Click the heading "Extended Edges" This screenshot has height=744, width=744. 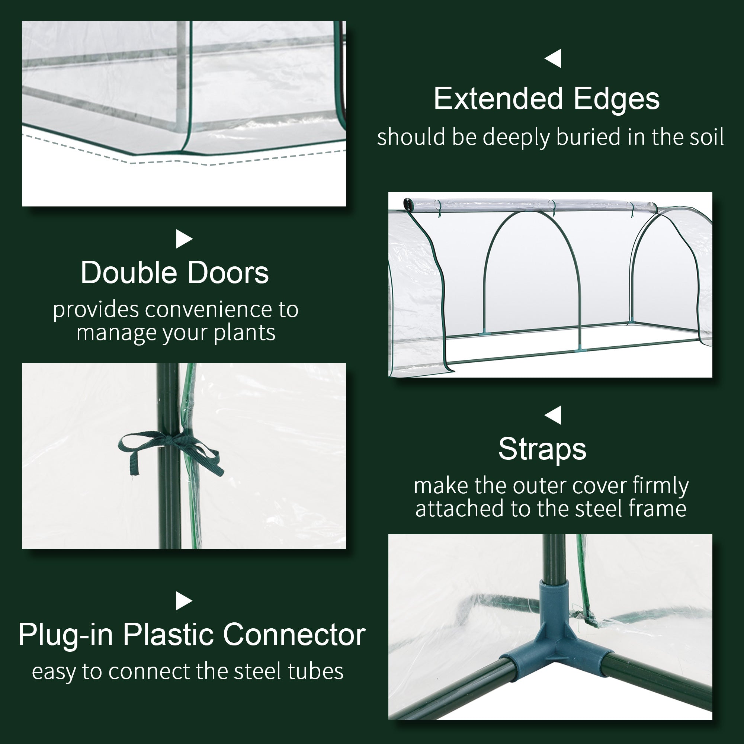coord(546,99)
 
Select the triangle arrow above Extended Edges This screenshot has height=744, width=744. coord(553,58)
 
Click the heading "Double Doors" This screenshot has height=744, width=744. coord(174,273)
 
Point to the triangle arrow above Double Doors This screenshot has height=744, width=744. coord(184,239)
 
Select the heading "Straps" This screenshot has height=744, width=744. coord(542,449)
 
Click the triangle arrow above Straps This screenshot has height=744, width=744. coord(553,415)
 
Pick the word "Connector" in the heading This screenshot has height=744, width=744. coord(294,635)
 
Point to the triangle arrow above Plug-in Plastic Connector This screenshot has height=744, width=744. coord(184,601)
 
